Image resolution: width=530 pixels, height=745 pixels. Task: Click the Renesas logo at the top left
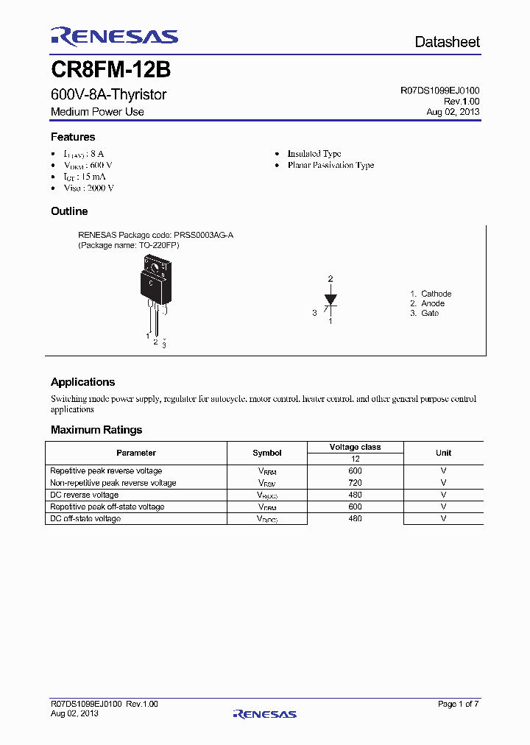[x=114, y=37]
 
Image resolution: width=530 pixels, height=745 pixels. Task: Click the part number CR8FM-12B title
[x=110, y=70]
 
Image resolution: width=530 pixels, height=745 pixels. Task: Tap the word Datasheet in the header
[x=447, y=42]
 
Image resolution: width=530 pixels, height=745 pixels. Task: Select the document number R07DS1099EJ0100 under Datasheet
[x=439, y=91]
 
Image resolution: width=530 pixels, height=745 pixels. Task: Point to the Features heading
[x=73, y=137]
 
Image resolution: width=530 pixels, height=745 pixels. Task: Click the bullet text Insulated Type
[x=314, y=154]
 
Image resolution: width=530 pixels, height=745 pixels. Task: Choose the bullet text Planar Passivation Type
[x=331, y=166]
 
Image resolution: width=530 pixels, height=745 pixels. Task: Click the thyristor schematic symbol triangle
[x=331, y=299]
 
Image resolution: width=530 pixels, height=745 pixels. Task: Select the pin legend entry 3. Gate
[x=425, y=314]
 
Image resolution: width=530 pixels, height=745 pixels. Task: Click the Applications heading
[x=82, y=382]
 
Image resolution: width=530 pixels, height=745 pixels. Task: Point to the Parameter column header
[x=136, y=453]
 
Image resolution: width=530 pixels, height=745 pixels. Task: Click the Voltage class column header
[x=355, y=447]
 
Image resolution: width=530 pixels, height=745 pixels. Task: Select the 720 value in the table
[x=355, y=483]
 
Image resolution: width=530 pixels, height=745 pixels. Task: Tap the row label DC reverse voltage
[x=84, y=495]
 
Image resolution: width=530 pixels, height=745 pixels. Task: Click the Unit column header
[x=443, y=453]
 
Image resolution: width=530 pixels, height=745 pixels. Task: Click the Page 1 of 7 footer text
[x=458, y=705]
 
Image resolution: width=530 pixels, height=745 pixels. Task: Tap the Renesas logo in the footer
[x=264, y=713]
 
